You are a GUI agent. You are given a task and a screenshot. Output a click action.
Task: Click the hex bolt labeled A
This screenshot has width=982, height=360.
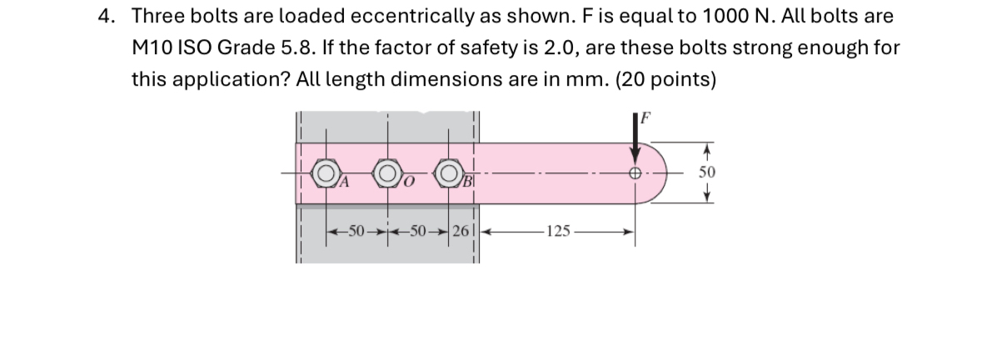[325, 176]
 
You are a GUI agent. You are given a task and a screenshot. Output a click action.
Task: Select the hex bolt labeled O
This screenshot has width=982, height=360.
[386, 176]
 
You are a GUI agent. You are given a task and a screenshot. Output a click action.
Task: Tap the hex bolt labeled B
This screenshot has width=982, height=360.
[450, 176]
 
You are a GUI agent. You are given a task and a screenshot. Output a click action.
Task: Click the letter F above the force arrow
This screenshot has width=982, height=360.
[643, 118]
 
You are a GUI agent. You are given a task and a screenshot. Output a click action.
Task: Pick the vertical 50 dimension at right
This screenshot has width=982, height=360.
[705, 173]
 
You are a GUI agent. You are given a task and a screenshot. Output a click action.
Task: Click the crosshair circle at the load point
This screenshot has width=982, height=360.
[636, 176]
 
